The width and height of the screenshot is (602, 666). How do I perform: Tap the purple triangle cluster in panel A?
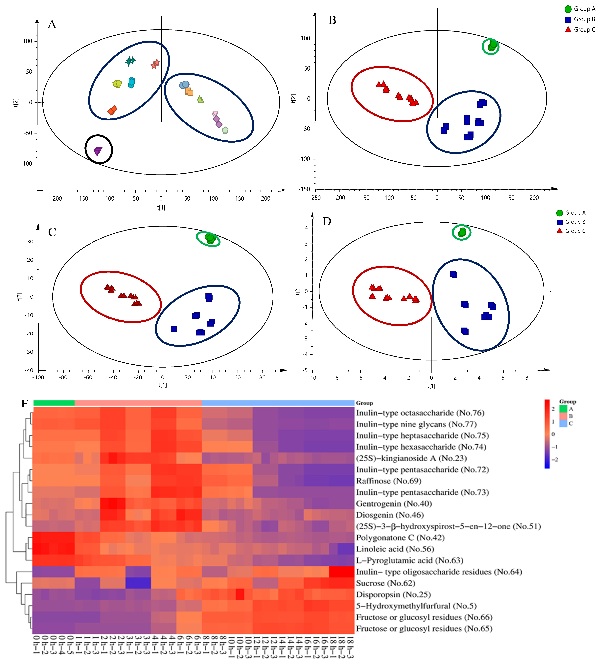(98, 151)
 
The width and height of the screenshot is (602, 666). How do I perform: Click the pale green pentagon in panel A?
(225, 130)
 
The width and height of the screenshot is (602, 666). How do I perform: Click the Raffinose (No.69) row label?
(388, 481)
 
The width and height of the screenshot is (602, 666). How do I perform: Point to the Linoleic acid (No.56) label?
(395, 549)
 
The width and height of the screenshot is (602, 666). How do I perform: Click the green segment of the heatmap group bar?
(54, 403)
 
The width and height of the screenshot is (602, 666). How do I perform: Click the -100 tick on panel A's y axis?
(27, 164)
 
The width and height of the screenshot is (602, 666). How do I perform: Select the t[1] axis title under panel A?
(161, 208)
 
